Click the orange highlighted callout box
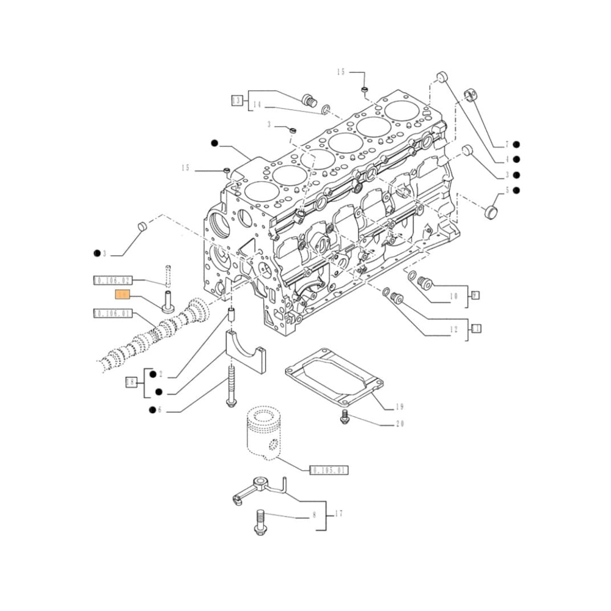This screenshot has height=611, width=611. click(123, 295)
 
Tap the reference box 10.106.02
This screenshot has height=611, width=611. click(112, 280)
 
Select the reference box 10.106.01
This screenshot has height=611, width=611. click(112, 313)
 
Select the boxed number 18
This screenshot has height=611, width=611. click(130, 382)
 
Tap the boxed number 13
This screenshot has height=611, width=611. click(236, 100)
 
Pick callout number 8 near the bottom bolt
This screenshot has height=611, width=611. click(315, 515)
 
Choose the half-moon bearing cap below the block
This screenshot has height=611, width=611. click(247, 351)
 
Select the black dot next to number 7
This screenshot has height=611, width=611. click(516, 144)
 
